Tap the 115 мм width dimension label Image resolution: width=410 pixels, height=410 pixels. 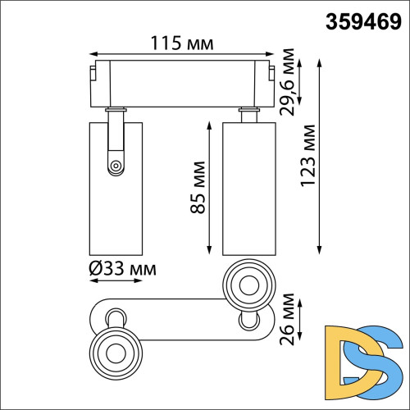183,41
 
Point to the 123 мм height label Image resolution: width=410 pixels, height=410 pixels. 307,156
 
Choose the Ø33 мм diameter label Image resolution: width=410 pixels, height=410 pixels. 121,268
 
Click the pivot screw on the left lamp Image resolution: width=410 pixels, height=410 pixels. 115,166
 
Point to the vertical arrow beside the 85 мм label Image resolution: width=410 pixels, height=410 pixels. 212,189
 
